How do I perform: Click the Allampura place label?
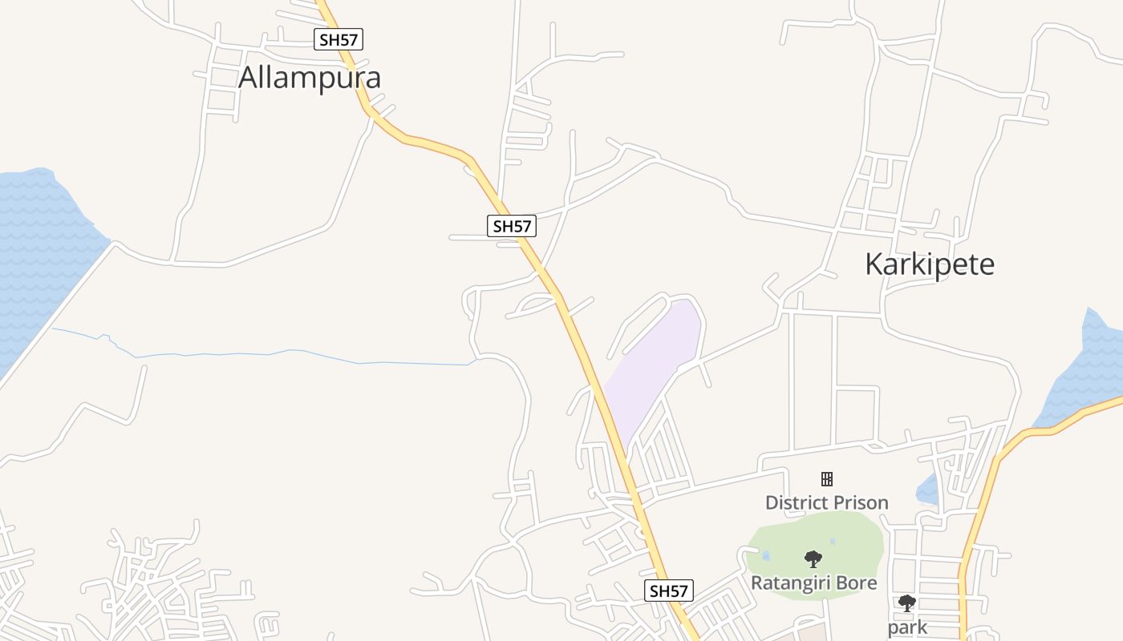(310, 78)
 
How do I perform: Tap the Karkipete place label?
(930, 264)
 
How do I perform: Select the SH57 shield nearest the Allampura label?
(339, 38)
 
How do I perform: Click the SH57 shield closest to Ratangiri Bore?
(669, 591)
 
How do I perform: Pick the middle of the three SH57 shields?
(512, 226)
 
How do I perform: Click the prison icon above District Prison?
(827, 479)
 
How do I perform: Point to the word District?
(795, 503)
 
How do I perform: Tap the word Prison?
(859, 503)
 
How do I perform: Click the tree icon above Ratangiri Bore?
(813, 558)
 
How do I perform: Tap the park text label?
(907, 627)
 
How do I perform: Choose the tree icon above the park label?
(907, 603)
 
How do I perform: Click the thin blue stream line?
(281, 353)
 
